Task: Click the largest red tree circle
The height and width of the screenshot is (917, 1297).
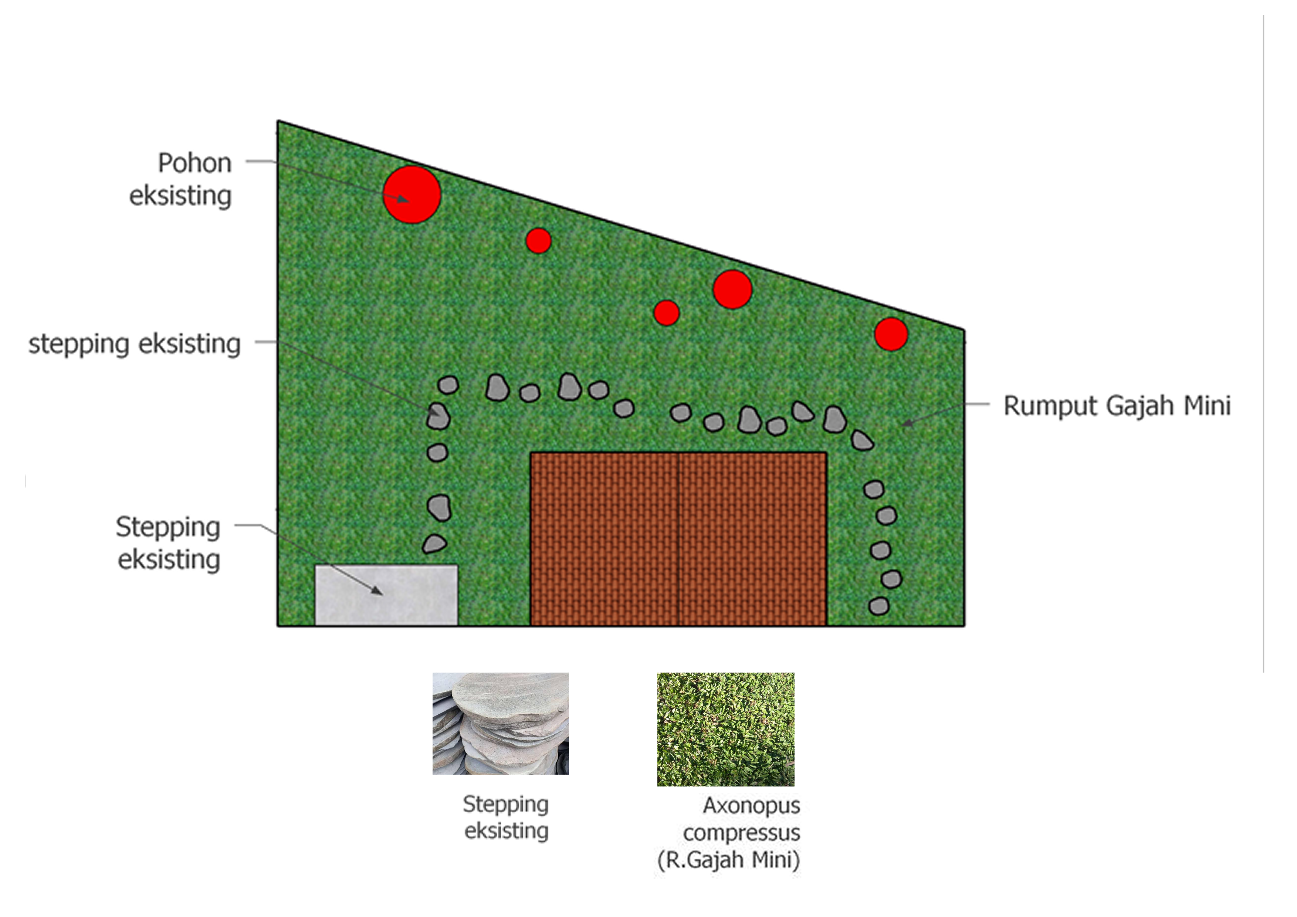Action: click(x=412, y=194)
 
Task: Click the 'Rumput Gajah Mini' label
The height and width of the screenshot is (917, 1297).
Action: click(x=1117, y=406)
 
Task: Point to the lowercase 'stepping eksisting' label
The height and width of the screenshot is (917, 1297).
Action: click(x=135, y=344)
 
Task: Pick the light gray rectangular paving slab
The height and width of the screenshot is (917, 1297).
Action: click(x=386, y=594)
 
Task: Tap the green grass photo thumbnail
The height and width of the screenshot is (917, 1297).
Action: click(x=725, y=729)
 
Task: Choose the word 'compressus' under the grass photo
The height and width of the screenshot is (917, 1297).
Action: click(x=741, y=833)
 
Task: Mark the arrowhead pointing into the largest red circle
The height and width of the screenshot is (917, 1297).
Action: click(x=403, y=199)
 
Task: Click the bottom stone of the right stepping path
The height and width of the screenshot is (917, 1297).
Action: click(x=878, y=606)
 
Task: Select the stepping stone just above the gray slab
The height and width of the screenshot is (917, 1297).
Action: click(x=434, y=544)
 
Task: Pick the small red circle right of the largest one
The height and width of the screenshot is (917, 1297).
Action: click(x=538, y=241)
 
